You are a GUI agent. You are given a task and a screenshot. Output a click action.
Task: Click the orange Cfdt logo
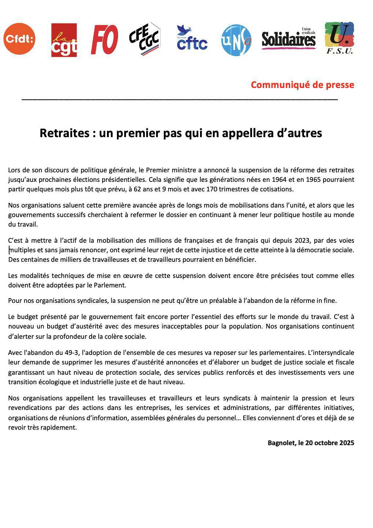tap(19, 38)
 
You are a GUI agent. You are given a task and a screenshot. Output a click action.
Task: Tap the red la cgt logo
tap(64, 40)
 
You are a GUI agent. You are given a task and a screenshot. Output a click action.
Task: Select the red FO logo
tap(104, 39)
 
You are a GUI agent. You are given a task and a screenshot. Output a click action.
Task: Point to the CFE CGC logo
tap(145, 39)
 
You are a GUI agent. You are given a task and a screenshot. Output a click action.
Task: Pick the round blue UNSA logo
tap(237, 40)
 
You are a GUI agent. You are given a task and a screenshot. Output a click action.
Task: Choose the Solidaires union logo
tap(288, 39)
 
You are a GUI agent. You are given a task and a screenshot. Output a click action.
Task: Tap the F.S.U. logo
tap(339, 38)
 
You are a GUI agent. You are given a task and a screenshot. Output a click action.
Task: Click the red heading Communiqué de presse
tap(302, 85)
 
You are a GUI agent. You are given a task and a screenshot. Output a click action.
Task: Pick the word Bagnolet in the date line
tap(281, 443)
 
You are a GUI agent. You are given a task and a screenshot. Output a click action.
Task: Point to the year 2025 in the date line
tap(347, 443)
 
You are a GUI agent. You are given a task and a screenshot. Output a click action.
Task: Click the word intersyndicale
tap(332, 353)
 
